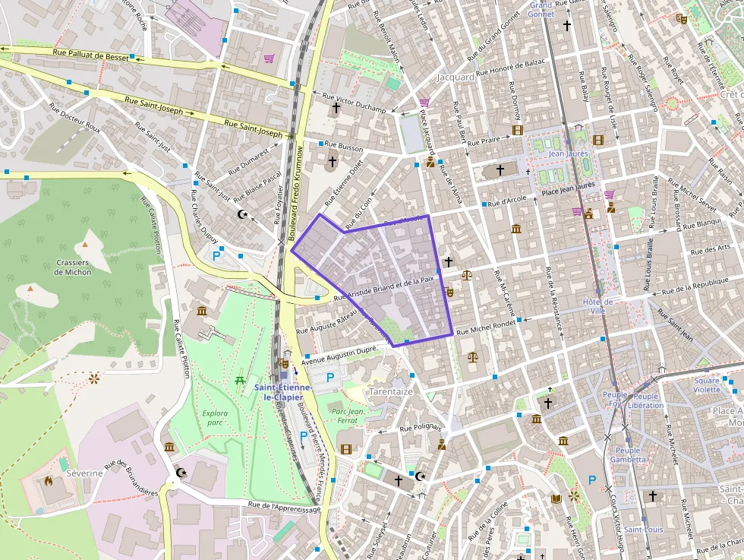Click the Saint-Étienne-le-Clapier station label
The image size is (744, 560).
282,392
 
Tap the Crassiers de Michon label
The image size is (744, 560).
73,267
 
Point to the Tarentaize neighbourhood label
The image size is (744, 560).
390,391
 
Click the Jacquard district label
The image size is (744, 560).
456,78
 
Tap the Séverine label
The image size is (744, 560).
84,473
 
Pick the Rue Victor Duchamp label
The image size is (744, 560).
354,103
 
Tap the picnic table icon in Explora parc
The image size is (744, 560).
240,379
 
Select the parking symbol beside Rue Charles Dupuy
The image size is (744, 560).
216,257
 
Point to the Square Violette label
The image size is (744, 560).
706,385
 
